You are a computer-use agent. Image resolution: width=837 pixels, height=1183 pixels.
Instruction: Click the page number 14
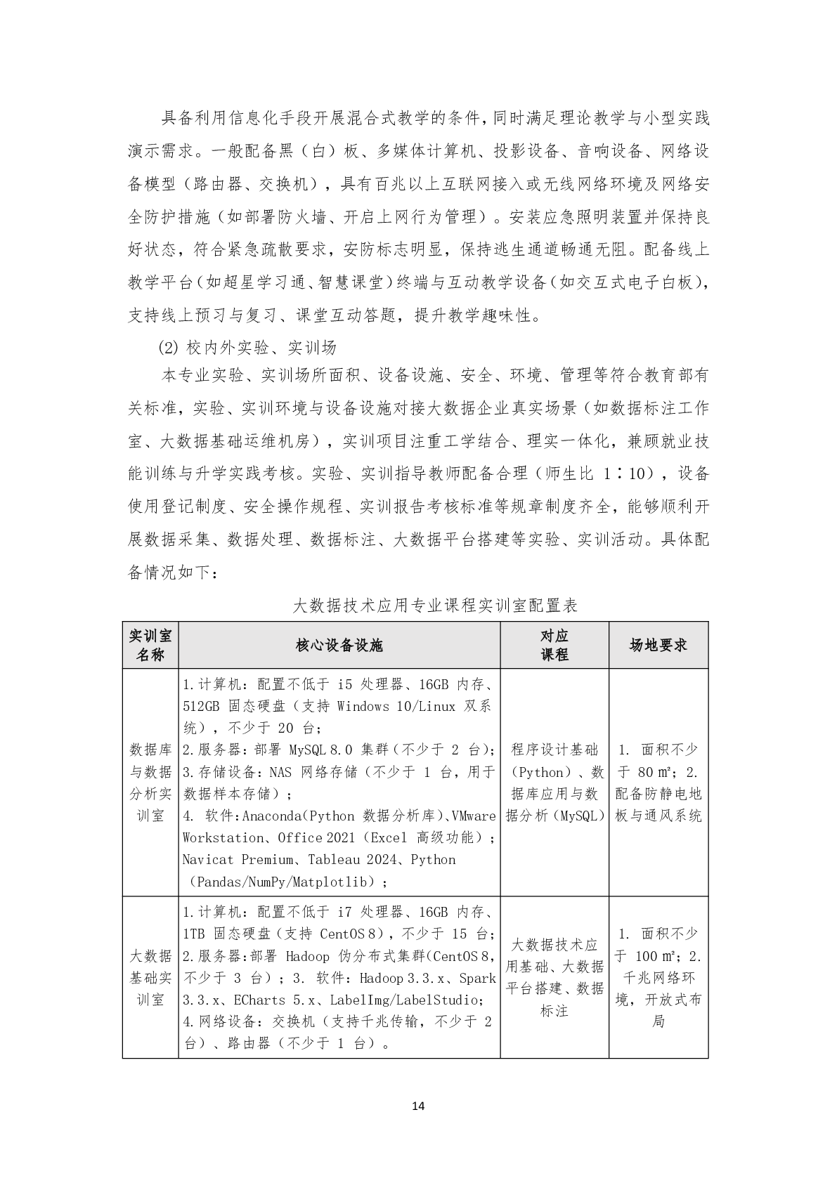click(x=418, y=1106)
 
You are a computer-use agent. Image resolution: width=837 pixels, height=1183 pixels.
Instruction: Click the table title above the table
click(x=434, y=605)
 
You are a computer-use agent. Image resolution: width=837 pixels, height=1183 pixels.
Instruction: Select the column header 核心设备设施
click(x=339, y=645)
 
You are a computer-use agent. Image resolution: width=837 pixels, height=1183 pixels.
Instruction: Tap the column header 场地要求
click(x=658, y=645)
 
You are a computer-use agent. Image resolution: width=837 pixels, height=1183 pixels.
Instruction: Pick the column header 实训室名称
click(x=150, y=645)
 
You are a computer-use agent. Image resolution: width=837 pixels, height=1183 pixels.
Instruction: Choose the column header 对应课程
click(x=554, y=645)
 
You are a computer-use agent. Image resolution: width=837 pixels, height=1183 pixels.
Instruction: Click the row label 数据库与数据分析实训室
click(x=150, y=783)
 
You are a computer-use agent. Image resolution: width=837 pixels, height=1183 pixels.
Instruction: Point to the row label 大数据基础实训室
click(x=150, y=977)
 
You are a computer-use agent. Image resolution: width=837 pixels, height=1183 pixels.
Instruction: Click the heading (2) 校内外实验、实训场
click(x=248, y=347)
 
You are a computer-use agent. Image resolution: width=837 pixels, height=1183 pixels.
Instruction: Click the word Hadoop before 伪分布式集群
click(x=308, y=956)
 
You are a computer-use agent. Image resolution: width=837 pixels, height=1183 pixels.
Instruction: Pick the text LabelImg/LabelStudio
click(x=403, y=1000)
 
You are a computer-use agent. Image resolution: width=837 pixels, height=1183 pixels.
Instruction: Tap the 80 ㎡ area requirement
click(x=655, y=773)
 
